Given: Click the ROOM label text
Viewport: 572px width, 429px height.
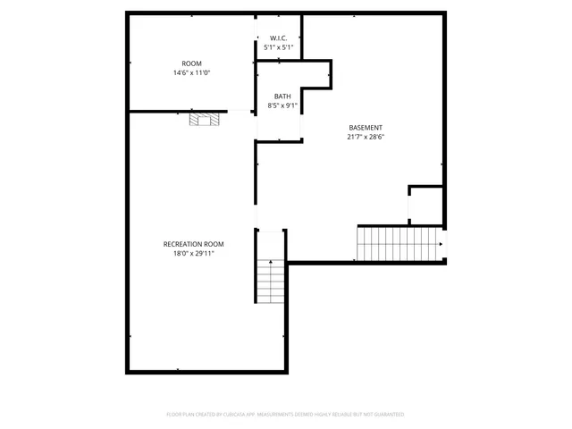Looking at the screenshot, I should tap(191, 63).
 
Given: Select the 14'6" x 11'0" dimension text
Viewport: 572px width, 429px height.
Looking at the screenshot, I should tap(191, 72).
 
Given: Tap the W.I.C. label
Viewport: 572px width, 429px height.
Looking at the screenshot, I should tap(278, 38).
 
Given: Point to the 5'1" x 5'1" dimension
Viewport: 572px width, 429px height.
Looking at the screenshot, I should tap(278, 47).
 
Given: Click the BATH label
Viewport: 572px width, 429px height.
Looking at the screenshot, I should tap(282, 97).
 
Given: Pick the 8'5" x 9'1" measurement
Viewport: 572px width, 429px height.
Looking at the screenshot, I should tap(282, 105).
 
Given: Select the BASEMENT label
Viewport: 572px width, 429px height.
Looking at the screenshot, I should tap(366, 128).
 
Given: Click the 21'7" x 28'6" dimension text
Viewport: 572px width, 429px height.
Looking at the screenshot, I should tap(366, 138).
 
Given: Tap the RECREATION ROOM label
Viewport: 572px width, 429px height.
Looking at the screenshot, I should tap(193, 244).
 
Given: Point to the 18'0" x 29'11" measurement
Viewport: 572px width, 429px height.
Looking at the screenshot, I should tap(193, 254).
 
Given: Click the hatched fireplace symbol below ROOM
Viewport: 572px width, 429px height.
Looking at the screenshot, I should tap(203, 121).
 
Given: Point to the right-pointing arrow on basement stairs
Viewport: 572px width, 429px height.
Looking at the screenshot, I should tap(441, 243).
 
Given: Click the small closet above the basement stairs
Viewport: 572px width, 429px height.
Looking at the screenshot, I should tap(425, 206).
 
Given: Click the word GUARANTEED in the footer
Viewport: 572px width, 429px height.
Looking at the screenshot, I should tap(386, 415).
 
